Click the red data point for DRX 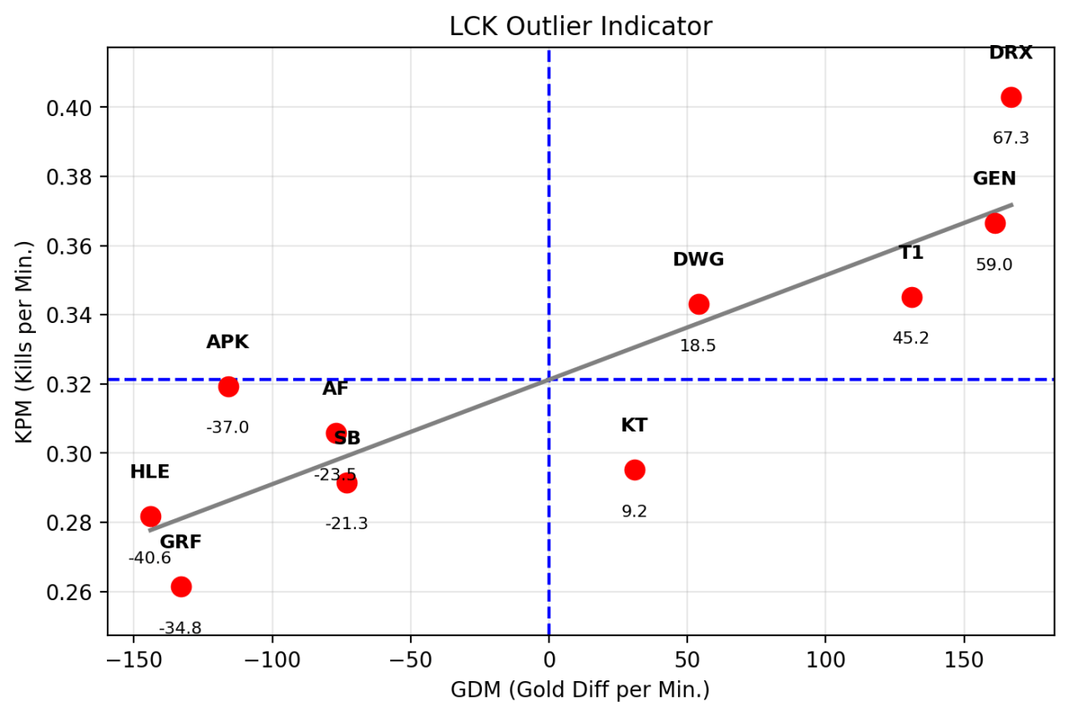point(1011,97)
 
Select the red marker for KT point(635,470)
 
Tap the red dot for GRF point(181,587)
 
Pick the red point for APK point(228,386)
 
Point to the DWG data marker point(699,304)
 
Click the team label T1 point(911,253)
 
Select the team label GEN point(994,179)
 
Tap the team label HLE point(149,472)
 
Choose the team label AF point(336,388)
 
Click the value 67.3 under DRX point(1011,138)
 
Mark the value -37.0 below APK point(227,427)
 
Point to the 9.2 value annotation point(635,511)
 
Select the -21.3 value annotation point(347,523)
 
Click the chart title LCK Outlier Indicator point(580,27)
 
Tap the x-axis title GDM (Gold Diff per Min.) point(580,689)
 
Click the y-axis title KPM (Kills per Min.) point(28,341)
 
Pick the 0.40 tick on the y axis point(81,108)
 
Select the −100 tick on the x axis point(271,657)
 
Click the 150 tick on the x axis point(963,657)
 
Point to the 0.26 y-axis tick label point(81,592)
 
